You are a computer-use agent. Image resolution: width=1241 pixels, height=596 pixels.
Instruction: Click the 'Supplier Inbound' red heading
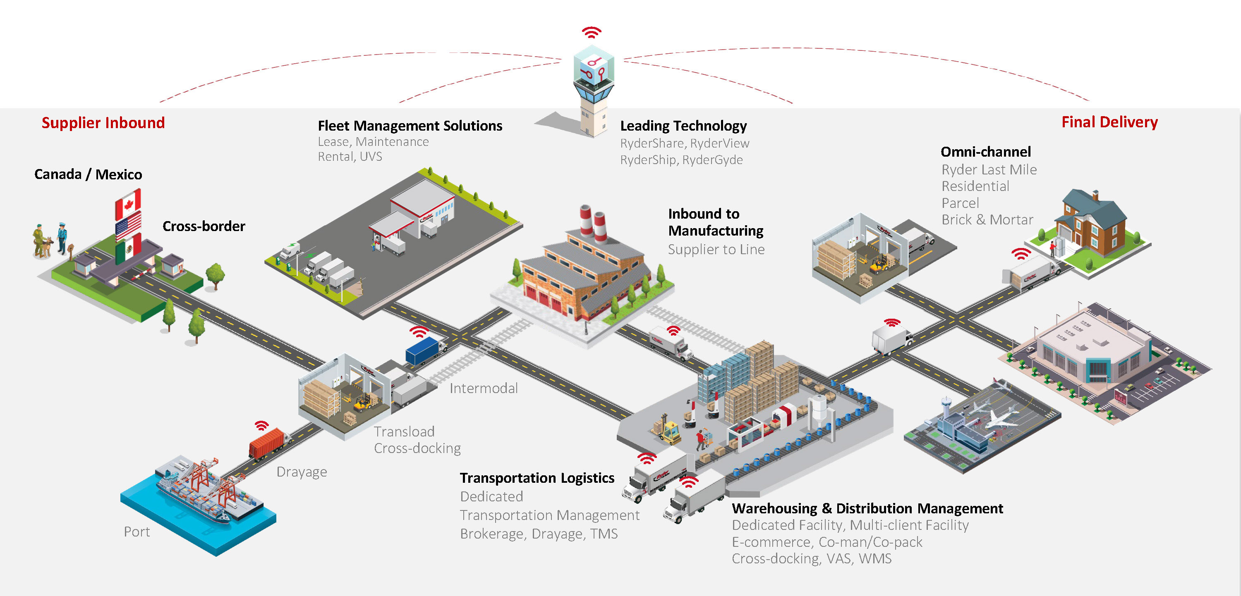(103, 123)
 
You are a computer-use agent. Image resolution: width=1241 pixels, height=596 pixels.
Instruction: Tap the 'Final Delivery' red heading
(1109, 122)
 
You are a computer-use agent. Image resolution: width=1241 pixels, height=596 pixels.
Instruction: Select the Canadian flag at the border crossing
(128, 205)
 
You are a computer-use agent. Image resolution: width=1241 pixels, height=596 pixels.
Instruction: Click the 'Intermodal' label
(484, 388)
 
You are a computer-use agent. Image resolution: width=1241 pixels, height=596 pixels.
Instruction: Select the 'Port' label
(137, 532)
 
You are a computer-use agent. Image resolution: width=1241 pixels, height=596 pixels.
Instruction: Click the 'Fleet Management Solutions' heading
(410, 126)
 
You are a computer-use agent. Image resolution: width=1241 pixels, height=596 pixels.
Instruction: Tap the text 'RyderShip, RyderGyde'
(681, 160)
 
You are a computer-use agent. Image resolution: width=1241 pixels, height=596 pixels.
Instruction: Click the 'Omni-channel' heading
(986, 152)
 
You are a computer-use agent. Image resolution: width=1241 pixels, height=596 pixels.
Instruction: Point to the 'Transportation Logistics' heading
(537, 478)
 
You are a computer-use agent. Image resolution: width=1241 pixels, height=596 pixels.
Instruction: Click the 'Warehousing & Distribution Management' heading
(867, 508)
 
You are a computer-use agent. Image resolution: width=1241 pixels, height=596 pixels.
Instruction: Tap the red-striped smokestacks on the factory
(592, 222)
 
